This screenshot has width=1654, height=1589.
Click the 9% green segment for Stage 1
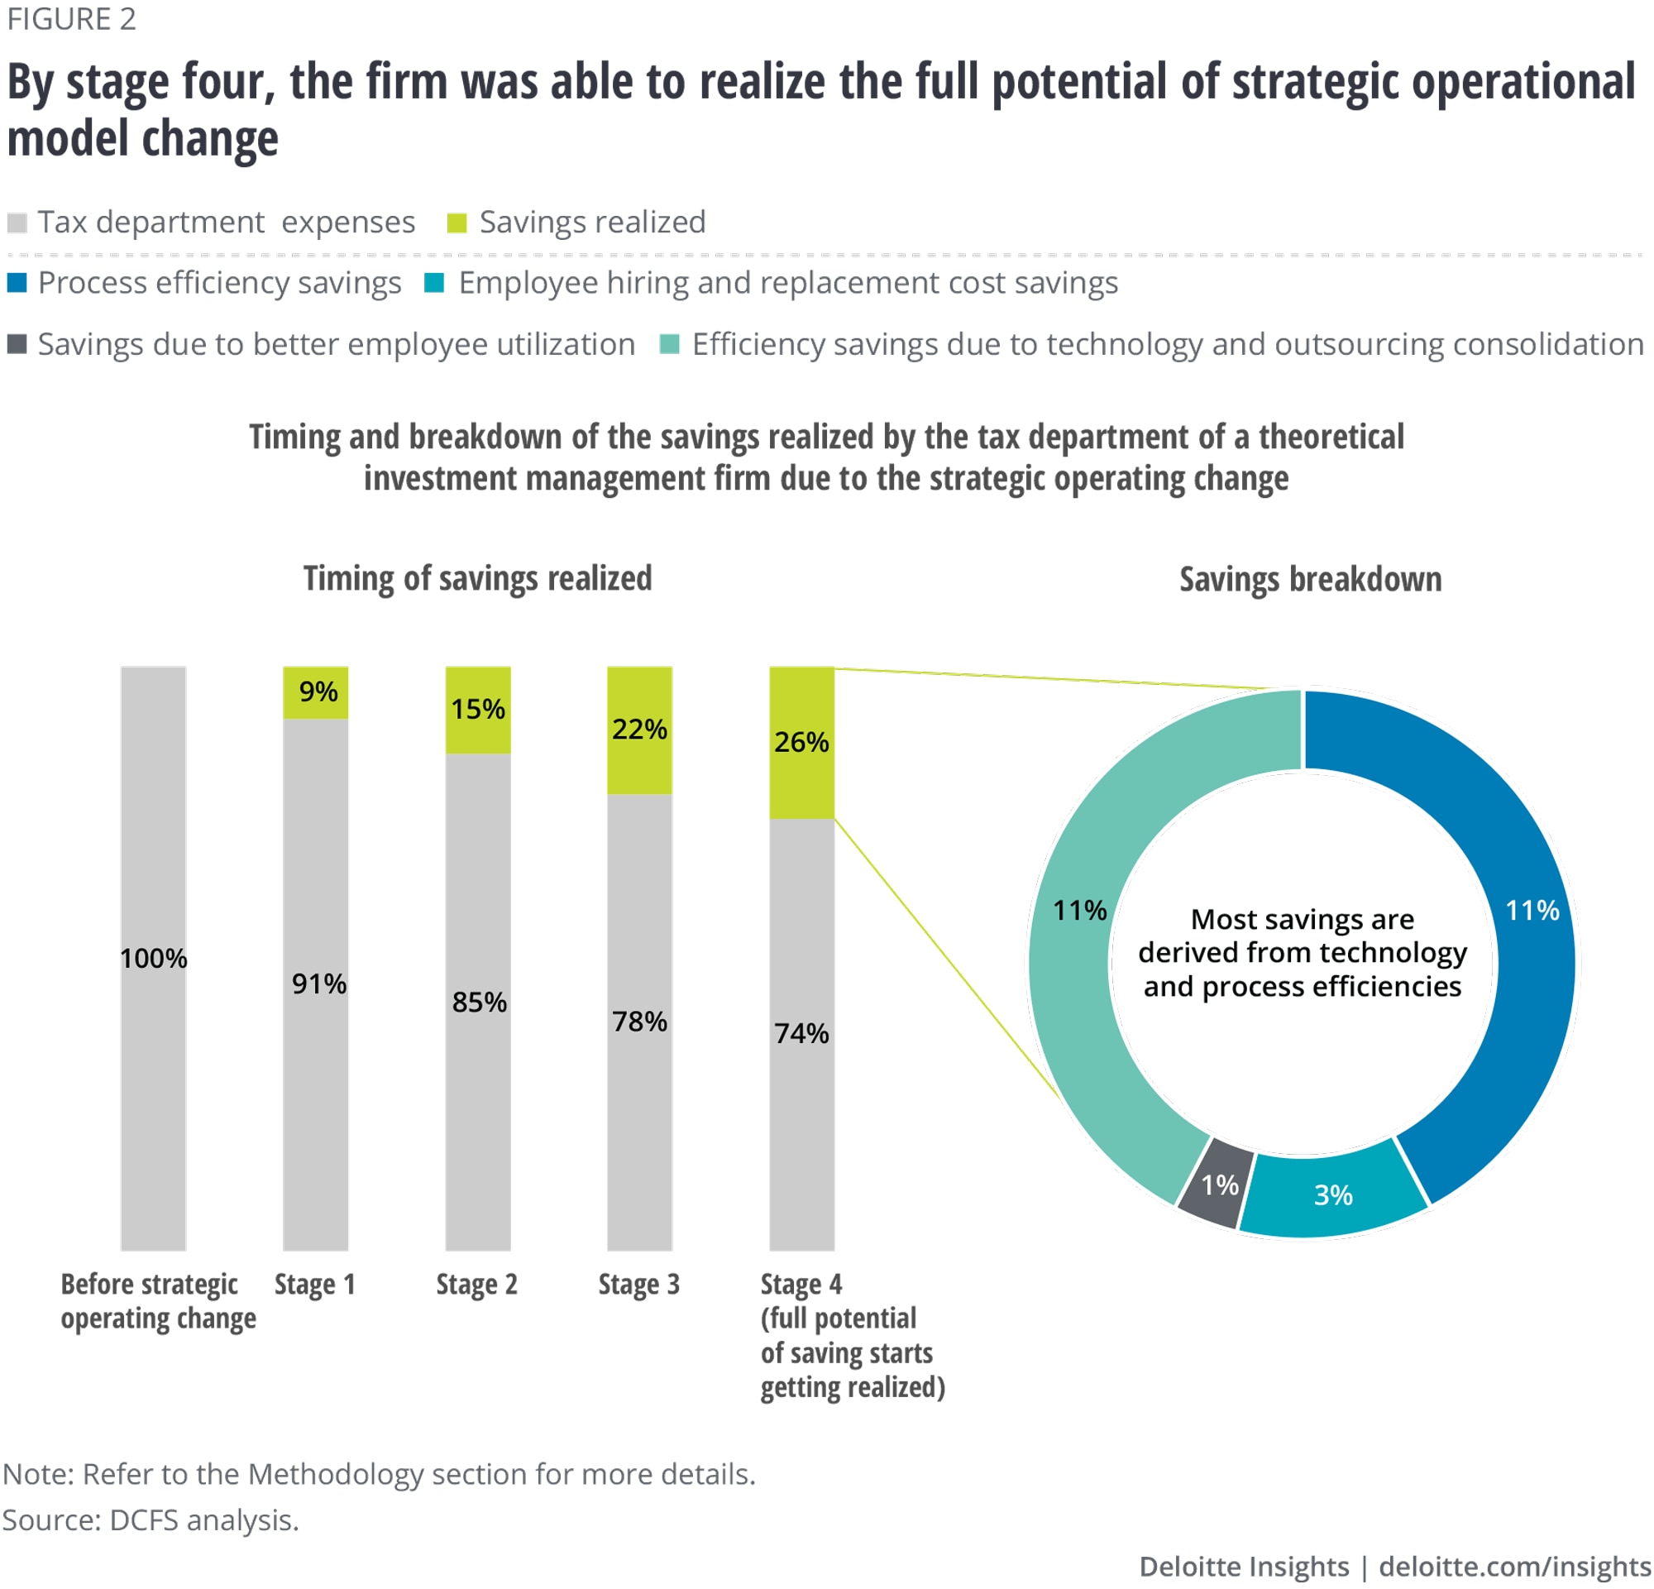[x=316, y=692]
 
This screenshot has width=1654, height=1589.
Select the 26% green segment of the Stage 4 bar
[x=801, y=742]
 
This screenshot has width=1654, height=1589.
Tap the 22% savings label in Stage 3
[x=639, y=729]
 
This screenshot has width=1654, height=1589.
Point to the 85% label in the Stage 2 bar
[x=480, y=1002]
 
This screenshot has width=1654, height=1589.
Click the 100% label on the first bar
[x=154, y=958]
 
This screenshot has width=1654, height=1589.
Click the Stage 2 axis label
[x=477, y=1285]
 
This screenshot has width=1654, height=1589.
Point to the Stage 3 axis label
[x=638, y=1285]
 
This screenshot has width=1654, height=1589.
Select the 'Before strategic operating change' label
[x=158, y=1301]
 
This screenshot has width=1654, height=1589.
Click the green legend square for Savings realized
[x=457, y=223]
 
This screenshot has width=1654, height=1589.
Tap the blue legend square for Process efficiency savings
[x=17, y=283]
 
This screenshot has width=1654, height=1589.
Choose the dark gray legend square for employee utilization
[x=17, y=344]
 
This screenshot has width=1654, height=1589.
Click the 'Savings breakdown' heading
[x=1310, y=580]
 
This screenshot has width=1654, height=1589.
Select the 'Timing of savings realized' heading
[x=478, y=579]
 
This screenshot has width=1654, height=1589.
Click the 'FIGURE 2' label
[x=72, y=19]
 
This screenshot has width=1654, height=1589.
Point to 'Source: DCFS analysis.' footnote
[x=151, y=1520]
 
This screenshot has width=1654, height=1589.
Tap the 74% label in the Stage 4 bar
[x=801, y=1033]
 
